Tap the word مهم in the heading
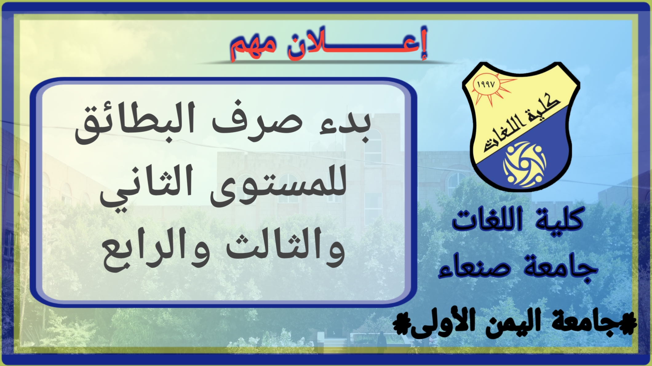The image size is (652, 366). coord(254,48)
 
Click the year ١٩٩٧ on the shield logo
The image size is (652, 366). coord(486,85)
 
